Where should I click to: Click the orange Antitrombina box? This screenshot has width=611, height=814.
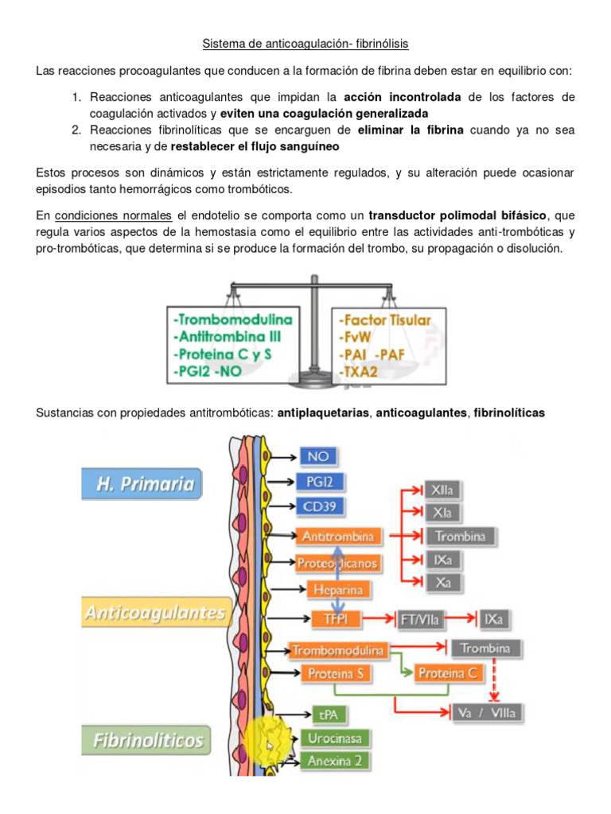click(x=338, y=537)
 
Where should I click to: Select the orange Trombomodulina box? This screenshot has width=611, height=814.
click(x=338, y=650)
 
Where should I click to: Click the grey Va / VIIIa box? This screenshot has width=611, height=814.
click(x=487, y=712)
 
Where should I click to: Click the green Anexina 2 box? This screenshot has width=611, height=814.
click(x=336, y=761)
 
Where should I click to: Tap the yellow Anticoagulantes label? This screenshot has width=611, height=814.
click(x=154, y=613)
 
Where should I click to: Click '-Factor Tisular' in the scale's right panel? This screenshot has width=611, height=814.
click(x=385, y=320)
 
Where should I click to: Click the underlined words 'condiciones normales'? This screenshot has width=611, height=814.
click(x=113, y=215)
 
